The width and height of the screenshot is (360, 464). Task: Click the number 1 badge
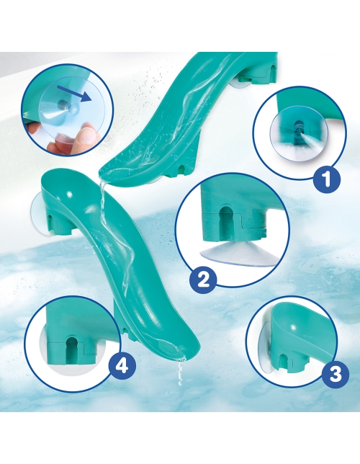pyautogui.click(x=326, y=178)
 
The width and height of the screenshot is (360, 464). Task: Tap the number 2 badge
pyautogui.click(x=203, y=280)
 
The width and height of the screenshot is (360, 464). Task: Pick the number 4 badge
pyautogui.click(x=122, y=366)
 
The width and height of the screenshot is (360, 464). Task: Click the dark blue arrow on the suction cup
pyautogui.click(x=74, y=93)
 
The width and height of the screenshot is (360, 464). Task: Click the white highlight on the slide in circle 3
pyautogui.click(x=294, y=326)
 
